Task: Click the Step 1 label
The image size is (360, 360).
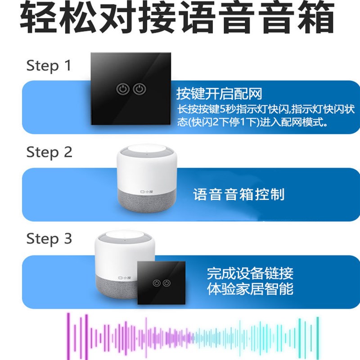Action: pyautogui.click(x=49, y=66)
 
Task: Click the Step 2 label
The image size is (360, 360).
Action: pyautogui.click(x=49, y=152)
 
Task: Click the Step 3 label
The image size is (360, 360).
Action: pyautogui.click(x=49, y=238)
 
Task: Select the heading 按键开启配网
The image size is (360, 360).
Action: pyautogui.click(x=219, y=94)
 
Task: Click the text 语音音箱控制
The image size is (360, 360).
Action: pyautogui.click(x=239, y=194)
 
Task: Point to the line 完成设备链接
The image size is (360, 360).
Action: pyautogui.click(x=250, y=273)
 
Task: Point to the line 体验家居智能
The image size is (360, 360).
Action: pyautogui.click(x=250, y=288)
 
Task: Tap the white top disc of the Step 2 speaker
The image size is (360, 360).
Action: pyautogui.click(x=145, y=150)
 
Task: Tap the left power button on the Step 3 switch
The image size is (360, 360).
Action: pyautogui.click(x=156, y=283)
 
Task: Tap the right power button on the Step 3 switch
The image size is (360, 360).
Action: pyautogui.click(x=167, y=283)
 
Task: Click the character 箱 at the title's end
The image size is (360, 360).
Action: pyautogui.click(x=315, y=19)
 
